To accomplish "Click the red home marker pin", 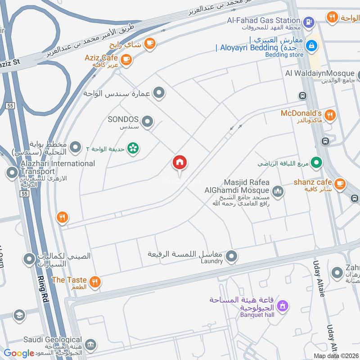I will (180, 163).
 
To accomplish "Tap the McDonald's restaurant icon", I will (330, 116).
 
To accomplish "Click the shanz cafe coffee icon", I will (340, 183).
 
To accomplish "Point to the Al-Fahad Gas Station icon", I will (309, 21).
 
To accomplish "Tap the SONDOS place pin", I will (147, 121).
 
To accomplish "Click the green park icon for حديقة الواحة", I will (133, 148).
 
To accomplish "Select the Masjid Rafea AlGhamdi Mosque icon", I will (278, 191).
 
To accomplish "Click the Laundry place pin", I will (231, 257).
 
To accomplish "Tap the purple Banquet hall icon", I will (282, 306).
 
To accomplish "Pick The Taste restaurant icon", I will (94, 282).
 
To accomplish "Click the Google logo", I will (19, 353).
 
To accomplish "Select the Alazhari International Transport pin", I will (12, 172).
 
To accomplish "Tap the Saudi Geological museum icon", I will (90, 345).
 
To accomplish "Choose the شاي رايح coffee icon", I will (150, 44).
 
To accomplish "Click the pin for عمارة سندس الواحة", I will (158, 93).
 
